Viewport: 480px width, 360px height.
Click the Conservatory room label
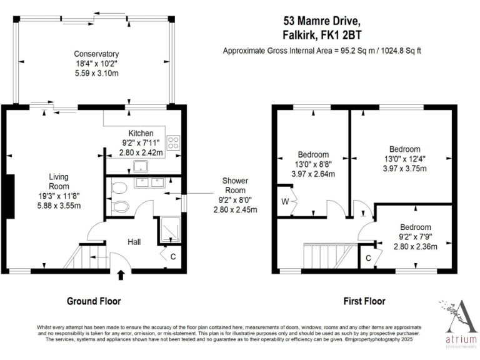tap(96, 54)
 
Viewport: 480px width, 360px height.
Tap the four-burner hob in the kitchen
tap(174, 142)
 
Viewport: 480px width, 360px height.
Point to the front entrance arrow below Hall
tap(121, 274)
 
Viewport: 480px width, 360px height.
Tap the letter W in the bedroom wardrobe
tap(284, 201)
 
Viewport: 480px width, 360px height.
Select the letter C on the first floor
tap(369, 257)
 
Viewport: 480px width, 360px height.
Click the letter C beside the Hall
tap(172, 255)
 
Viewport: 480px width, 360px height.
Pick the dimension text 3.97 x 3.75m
tap(404, 168)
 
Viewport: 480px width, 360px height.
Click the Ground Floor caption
tap(94, 301)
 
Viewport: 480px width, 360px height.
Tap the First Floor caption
tap(364, 301)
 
